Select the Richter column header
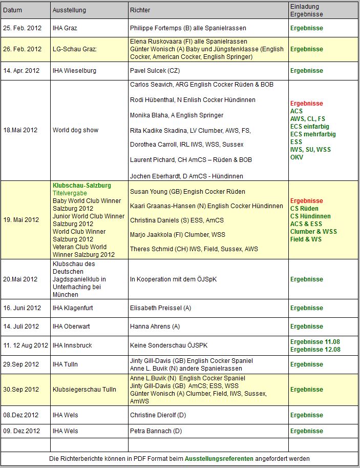tap(140, 10)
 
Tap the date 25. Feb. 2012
tap(23, 28)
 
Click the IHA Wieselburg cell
tap(74, 71)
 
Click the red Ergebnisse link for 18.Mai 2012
tap(307, 104)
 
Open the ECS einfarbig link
tap(309, 127)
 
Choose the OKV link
tap(297, 157)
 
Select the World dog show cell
tap(75, 130)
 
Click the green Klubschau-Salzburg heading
tap(82, 186)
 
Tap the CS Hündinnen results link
tap(310, 216)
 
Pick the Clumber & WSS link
tap(313, 232)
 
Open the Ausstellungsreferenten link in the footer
tap(219, 459)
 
